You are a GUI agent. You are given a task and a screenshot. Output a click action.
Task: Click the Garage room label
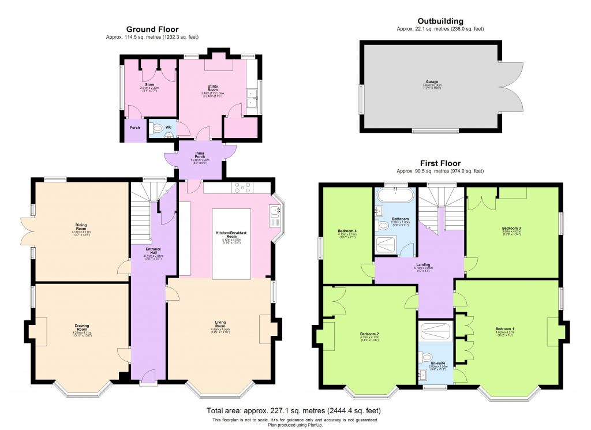(x=429, y=85)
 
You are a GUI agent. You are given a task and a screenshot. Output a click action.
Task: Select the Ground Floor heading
(x=152, y=29)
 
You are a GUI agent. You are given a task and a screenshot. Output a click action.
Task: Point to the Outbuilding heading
(x=440, y=21)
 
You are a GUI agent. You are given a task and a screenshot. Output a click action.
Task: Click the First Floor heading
(x=440, y=163)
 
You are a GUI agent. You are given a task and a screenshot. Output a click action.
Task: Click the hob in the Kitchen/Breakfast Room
(x=241, y=187)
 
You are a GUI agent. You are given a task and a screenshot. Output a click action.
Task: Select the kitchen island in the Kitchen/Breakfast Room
(x=231, y=244)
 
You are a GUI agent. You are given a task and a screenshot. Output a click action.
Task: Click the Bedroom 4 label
(x=347, y=231)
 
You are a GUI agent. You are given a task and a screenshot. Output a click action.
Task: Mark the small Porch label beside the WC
(x=134, y=128)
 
